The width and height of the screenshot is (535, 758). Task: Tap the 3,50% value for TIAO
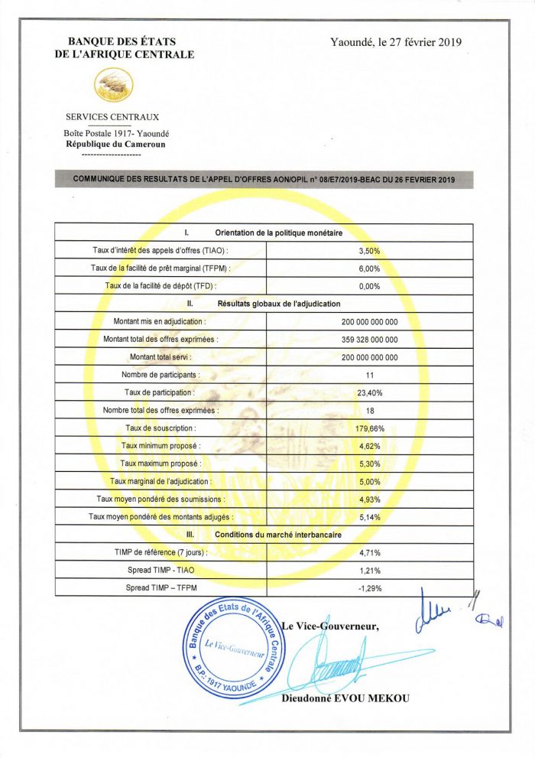(x=369, y=251)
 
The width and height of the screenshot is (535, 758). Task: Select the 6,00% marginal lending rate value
(x=369, y=268)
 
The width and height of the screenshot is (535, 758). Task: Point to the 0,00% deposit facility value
(x=369, y=286)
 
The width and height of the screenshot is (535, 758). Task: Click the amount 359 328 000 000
(x=369, y=340)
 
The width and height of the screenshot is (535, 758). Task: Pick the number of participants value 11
(x=369, y=375)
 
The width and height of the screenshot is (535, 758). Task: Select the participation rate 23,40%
(x=369, y=392)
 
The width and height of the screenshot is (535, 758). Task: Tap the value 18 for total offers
(x=369, y=411)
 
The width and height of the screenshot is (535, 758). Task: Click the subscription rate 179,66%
(x=369, y=428)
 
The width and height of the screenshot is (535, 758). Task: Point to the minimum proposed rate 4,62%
(x=369, y=446)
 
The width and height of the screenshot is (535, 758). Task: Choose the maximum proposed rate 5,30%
(x=369, y=464)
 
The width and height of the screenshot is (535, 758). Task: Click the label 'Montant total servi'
(x=160, y=357)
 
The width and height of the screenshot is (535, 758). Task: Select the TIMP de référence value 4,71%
(x=369, y=552)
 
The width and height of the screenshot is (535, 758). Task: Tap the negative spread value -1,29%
(x=369, y=588)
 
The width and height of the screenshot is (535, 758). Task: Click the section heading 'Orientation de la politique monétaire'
(x=278, y=233)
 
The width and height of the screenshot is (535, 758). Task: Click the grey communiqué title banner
(x=264, y=179)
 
